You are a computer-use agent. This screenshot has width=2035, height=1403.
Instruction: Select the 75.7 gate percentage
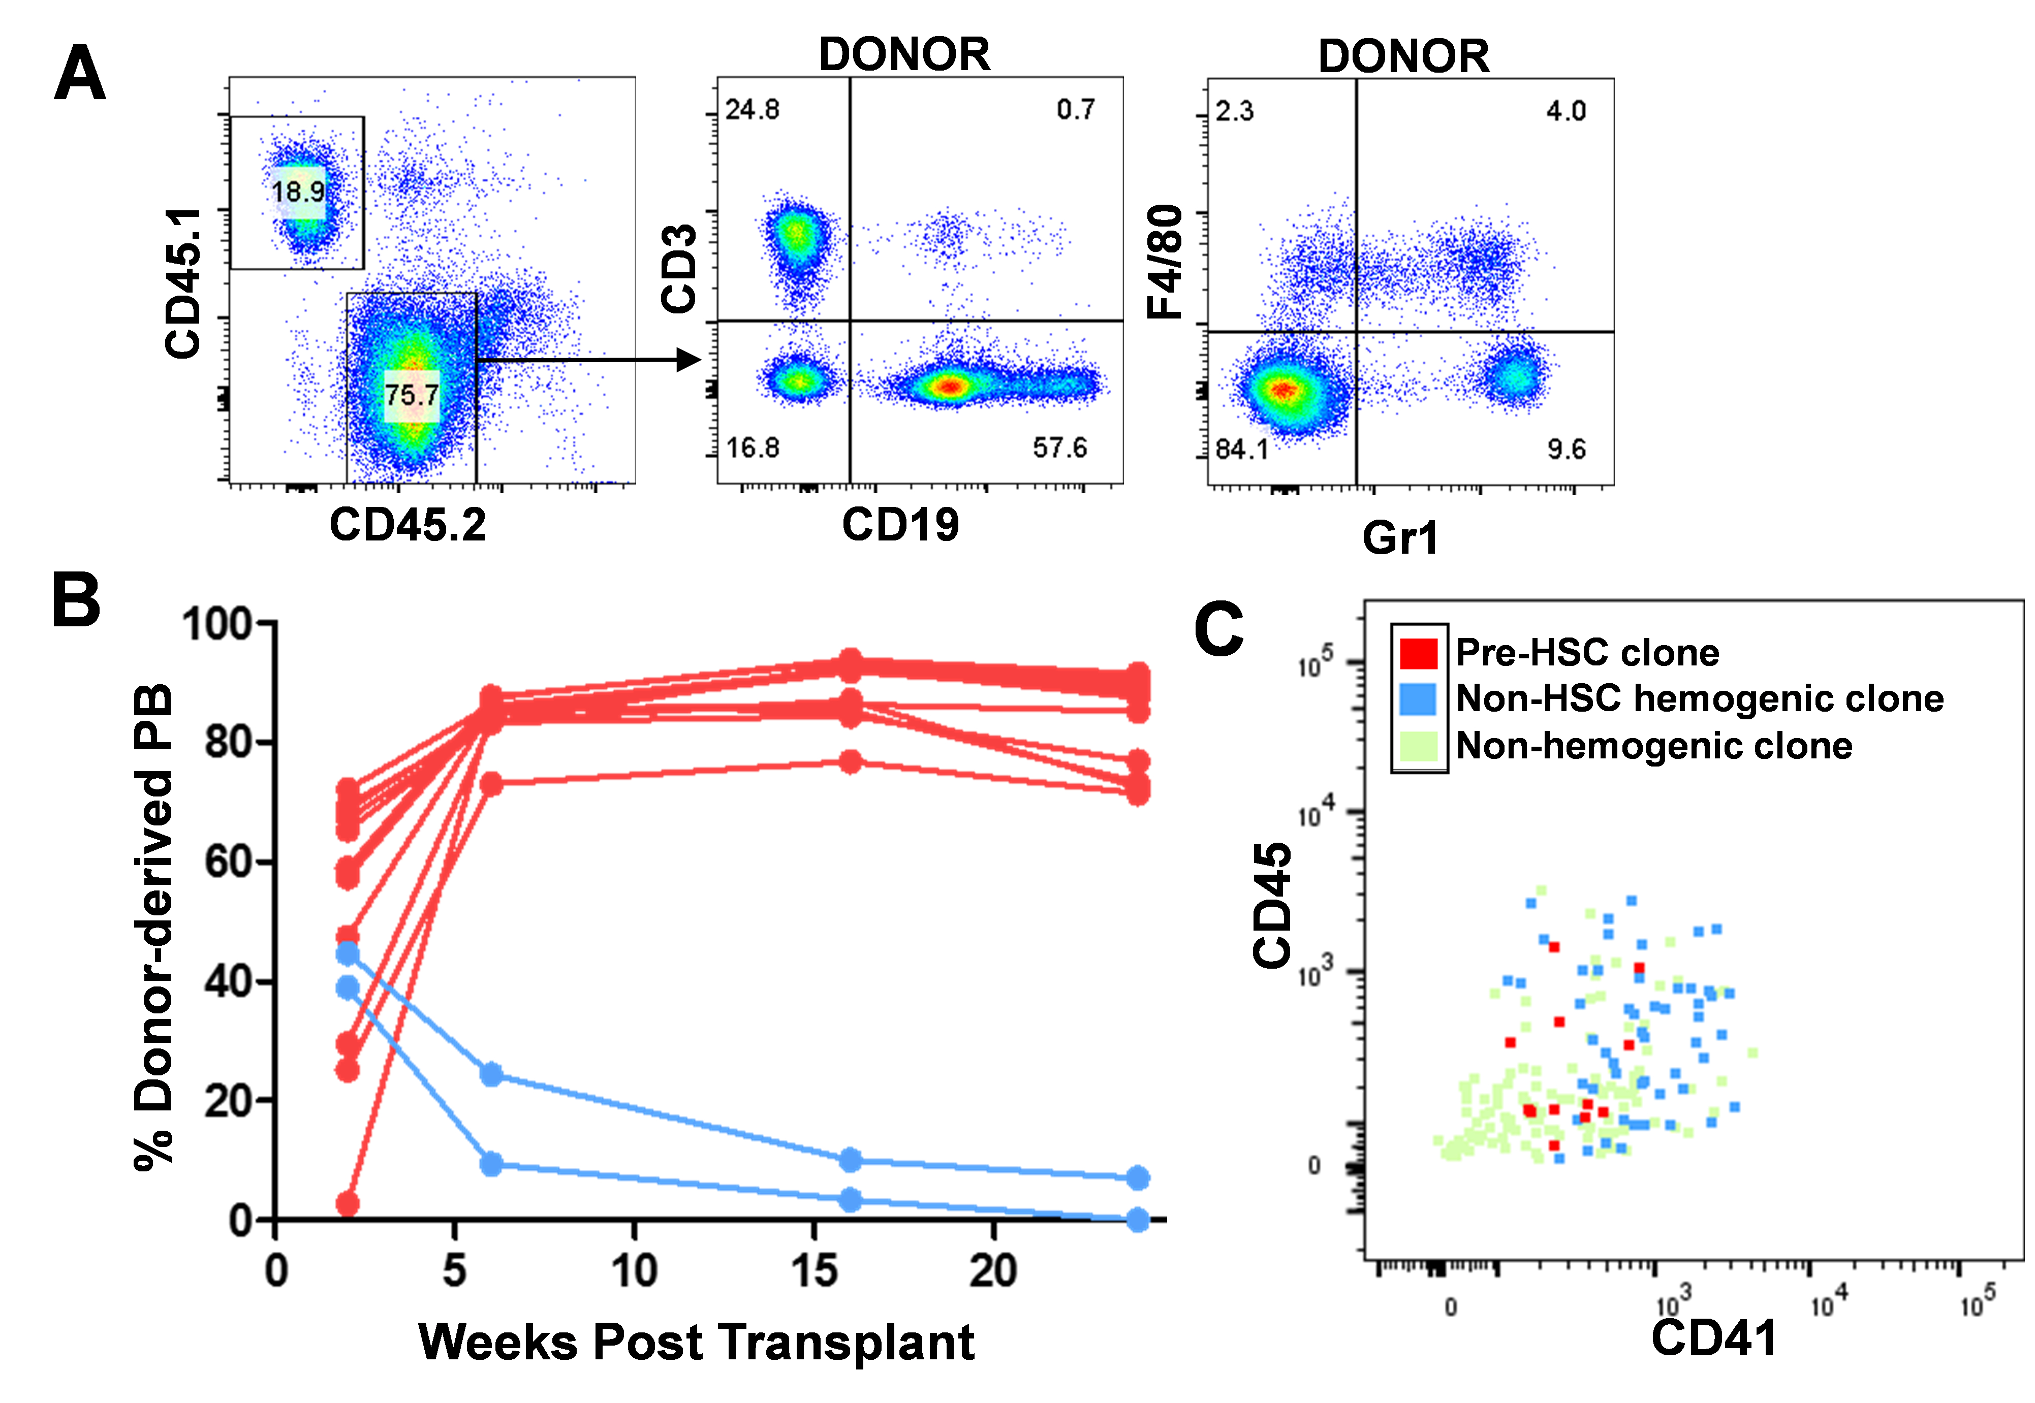click(x=412, y=395)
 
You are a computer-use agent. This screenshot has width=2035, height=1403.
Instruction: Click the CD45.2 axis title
click(x=407, y=526)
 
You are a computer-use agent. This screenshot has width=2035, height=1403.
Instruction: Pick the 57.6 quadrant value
click(x=1060, y=449)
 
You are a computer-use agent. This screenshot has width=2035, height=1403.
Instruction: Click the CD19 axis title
click(x=900, y=525)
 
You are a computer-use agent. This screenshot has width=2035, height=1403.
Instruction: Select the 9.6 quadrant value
click(x=1566, y=450)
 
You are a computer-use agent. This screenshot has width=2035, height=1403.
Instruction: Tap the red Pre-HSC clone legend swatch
click(x=1419, y=653)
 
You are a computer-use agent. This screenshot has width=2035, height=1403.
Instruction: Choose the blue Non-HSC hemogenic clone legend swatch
click(x=1419, y=700)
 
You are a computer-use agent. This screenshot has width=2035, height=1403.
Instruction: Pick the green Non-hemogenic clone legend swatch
click(x=1419, y=746)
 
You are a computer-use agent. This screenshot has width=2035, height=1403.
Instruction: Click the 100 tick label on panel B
click(x=217, y=625)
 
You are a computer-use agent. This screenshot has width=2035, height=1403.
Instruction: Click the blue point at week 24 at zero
click(x=1138, y=1219)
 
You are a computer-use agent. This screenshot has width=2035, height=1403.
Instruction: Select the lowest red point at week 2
click(x=348, y=1203)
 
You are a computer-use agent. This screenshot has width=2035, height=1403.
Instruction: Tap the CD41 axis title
click(x=1713, y=1338)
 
